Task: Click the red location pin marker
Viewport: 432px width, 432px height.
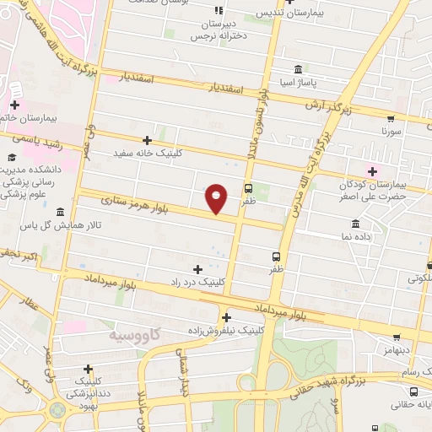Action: pos(217,197)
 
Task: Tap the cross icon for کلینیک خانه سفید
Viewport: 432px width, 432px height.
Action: pos(148,140)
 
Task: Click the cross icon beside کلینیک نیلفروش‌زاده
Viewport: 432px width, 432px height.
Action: pos(226,317)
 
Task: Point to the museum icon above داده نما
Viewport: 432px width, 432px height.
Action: pos(355,224)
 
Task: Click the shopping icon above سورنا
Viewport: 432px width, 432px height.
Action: pos(391,118)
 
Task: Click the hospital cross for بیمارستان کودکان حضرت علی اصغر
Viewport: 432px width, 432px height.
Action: pos(372,172)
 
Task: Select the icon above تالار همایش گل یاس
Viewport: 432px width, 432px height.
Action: pos(60,211)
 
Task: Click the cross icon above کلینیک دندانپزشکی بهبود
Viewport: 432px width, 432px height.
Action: pos(89,370)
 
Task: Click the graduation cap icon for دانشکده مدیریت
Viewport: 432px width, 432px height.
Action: pos(13,157)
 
